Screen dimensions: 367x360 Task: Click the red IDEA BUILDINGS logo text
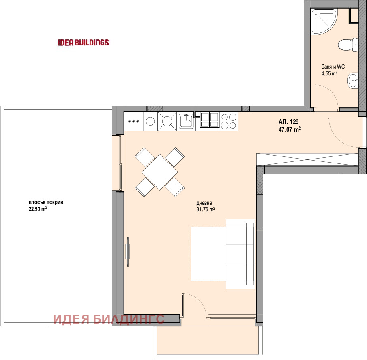(x=83, y=42)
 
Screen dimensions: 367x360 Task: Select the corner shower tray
(x=324, y=22)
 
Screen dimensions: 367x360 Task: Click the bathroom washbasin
(x=353, y=80)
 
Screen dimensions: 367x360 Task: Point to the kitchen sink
(x=186, y=121)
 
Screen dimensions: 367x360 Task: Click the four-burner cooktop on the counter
(x=229, y=121)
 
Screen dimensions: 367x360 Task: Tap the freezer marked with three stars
(x=133, y=121)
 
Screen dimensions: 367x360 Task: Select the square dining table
(x=160, y=172)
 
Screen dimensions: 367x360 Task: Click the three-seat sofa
(x=240, y=254)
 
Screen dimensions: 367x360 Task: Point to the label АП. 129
(x=288, y=122)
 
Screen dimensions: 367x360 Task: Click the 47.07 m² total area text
(x=290, y=129)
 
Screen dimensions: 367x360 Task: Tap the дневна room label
(x=204, y=203)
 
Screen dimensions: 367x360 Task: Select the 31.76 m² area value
(x=206, y=209)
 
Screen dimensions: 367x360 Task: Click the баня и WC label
(x=333, y=66)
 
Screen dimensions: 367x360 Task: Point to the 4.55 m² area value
(x=329, y=73)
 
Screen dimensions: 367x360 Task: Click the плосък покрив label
(x=46, y=203)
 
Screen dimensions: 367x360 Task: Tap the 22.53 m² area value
(x=38, y=209)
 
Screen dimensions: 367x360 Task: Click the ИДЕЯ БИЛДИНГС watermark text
(x=109, y=319)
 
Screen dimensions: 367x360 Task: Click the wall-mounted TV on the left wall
(x=128, y=251)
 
